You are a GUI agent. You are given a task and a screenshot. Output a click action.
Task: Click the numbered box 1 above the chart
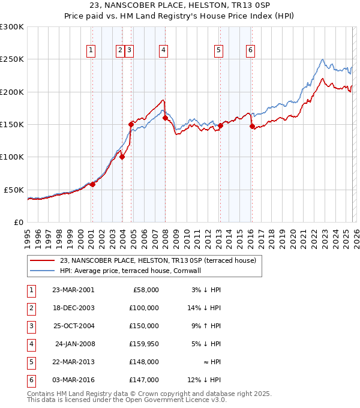(91, 51)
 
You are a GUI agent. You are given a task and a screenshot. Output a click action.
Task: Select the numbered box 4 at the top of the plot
(163, 51)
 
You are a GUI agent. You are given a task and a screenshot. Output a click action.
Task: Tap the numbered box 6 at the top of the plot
(250, 51)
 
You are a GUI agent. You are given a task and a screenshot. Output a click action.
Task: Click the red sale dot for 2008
(165, 118)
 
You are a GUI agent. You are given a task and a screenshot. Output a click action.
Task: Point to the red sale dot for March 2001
(92, 184)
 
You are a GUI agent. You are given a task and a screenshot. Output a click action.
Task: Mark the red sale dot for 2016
(252, 126)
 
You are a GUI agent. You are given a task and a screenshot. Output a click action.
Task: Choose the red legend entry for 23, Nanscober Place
(158, 260)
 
